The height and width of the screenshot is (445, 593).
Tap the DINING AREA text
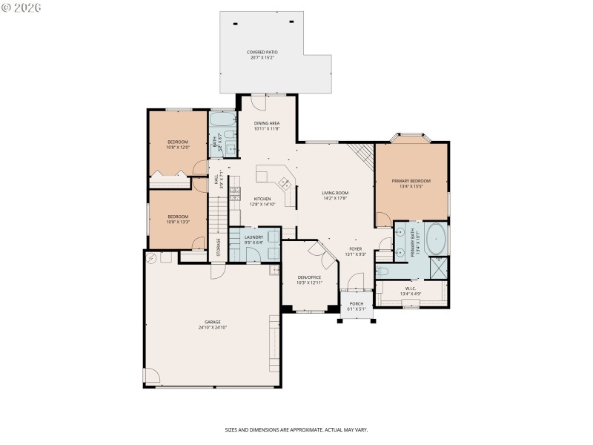(x=266, y=123)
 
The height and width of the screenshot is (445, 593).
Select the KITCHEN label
(x=262, y=199)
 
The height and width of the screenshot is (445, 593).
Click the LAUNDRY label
(x=254, y=237)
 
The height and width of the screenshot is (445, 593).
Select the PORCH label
(x=357, y=306)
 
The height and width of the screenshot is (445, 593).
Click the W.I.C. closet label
(x=411, y=289)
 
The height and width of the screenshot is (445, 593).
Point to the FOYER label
(x=356, y=248)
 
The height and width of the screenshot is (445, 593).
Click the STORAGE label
(x=218, y=245)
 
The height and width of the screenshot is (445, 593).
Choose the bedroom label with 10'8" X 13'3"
(x=178, y=217)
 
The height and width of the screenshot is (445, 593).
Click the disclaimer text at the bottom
(x=296, y=429)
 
